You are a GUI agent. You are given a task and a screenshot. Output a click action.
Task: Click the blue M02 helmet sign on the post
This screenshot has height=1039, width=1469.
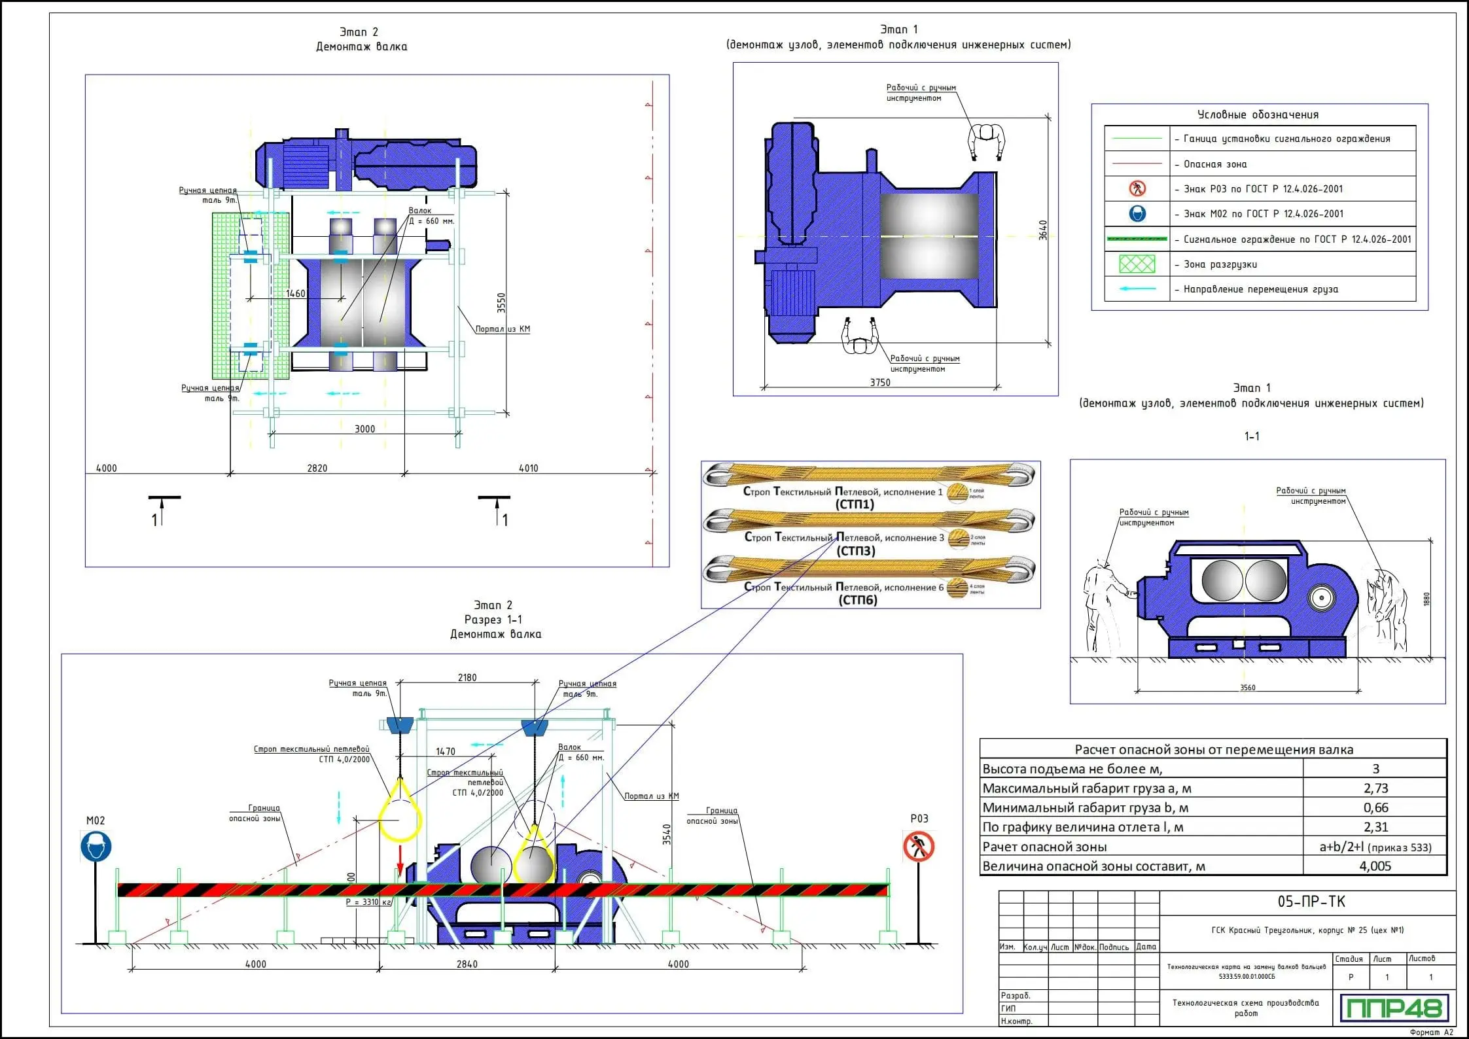(x=96, y=847)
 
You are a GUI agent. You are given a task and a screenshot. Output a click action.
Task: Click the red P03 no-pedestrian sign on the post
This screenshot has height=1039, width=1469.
(x=919, y=847)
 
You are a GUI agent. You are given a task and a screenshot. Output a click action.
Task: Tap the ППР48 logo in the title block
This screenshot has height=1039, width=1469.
(x=1394, y=1008)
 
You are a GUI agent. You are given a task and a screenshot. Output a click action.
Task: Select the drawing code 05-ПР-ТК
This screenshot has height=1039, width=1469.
(x=1311, y=902)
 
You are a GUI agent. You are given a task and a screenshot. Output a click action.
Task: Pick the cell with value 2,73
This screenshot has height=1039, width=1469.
(x=1375, y=788)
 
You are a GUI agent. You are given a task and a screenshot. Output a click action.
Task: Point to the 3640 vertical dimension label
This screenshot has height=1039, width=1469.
(x=1043, y=230)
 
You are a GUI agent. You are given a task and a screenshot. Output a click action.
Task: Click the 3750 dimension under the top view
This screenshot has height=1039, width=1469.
(x=879, y=383)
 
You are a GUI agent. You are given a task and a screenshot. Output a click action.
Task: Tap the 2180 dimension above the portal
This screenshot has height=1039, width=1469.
(x=467, y=678)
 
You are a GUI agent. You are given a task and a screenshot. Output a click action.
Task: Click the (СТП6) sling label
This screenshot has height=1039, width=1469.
(x=857, y=600)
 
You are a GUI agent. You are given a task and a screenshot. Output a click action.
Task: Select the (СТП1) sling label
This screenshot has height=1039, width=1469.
(x=855, y=504)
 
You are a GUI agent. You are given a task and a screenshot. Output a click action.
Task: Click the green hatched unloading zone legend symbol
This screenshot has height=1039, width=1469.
(x=1137, y=264)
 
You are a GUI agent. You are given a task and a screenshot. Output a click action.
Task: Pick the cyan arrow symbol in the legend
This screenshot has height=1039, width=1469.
(x=1137, y=289)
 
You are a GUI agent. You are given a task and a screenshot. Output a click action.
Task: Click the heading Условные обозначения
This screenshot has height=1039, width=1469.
(x=1258, y=115)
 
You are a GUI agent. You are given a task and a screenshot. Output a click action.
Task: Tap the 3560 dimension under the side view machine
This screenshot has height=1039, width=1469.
(x=1247, y=688)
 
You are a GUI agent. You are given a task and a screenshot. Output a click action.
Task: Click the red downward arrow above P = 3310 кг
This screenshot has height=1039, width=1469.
(x=400, y=859)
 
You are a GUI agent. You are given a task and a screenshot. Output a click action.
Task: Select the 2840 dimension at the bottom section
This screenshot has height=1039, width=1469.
(x=467, y=964)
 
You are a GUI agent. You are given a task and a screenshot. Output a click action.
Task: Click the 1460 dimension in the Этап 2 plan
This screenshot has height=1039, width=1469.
(x=296, y=294)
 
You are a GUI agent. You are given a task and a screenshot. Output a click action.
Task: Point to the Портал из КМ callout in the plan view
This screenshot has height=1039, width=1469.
(x=503, y=329)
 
